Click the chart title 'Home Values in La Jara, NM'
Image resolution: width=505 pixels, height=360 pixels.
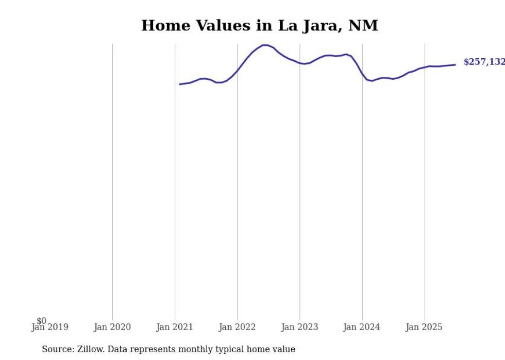click(x=259, y=25)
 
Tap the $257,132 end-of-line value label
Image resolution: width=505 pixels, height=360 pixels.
click(x=483, y=62)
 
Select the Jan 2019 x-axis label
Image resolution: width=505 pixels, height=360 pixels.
click(x=49, y=327)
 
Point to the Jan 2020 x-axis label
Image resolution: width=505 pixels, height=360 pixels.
click(x=112, y=327)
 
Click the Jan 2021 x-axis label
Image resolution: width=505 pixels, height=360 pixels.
click(x=175, y=327)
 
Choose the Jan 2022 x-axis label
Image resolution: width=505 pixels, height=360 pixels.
click(x=237, y=327)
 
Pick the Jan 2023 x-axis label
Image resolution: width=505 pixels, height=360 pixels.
click(x=300, y=327)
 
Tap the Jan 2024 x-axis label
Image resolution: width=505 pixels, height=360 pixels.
click(x=362, y=327)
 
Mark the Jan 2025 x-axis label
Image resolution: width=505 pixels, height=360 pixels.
click(x=425, y=327)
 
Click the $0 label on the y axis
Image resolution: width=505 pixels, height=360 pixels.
click(x=41, y=321)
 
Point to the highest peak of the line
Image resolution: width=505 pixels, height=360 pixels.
click(x=265, y=45)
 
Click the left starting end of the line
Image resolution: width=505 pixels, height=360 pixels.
click(x=180, y=84)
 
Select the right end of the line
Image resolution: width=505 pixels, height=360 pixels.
click(x=455, y=64)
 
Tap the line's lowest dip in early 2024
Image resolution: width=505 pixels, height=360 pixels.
click(x=372, y=81)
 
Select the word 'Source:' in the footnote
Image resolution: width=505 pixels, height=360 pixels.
click(x=58, y=349)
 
